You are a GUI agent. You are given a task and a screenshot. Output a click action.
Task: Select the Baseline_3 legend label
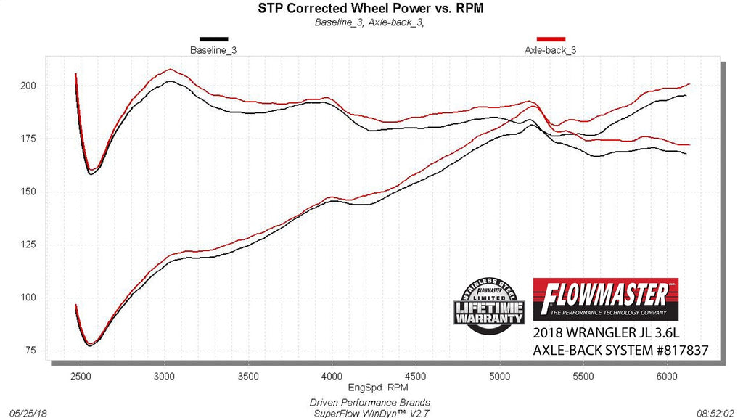213,50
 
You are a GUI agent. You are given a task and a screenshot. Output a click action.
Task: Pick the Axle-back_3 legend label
550,50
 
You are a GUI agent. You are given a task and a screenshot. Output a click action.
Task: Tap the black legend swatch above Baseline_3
213,39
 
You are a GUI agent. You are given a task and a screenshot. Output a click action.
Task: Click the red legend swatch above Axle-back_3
551,39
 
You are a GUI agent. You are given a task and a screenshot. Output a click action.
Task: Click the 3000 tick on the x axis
165,377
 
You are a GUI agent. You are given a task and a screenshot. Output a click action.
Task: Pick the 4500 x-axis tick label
415,377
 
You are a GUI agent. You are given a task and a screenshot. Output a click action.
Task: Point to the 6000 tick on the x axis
666,377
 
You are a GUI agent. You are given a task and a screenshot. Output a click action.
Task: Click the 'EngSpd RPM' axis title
374,388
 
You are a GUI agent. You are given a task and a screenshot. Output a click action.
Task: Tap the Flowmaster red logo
607,299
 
